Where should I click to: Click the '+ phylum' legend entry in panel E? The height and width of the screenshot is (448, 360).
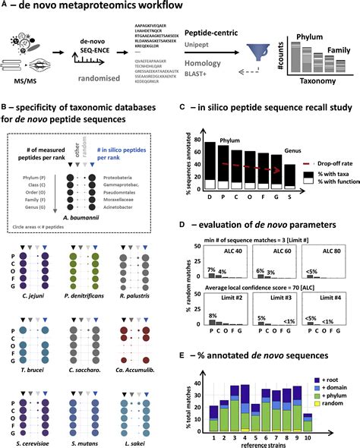(334, 403)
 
